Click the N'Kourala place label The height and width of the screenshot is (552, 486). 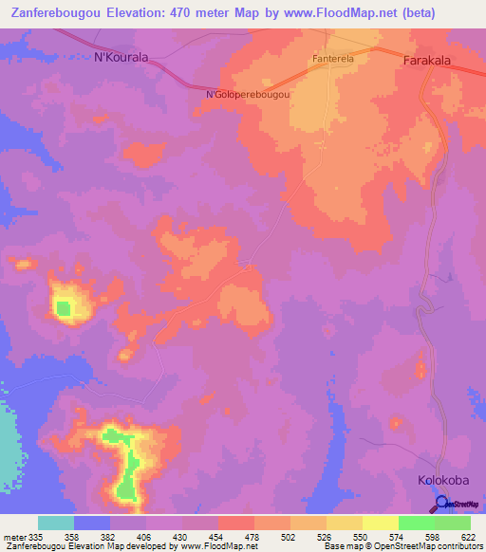pyautogui.click(x=121, y=57)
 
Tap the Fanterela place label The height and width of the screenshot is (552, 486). pyautogui.click(x=331, y=59)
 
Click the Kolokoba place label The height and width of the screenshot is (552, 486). pyautogui.click(x=443, y=481)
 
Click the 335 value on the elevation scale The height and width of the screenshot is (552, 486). pyautogui.click(x=35, y=537)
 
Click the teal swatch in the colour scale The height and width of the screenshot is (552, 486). pyautogui.click(x=56, y=523)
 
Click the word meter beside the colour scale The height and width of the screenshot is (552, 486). pyautogui.click(x=13, y=537)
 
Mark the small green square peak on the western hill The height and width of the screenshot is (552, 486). pyautogui.click(x=64, y=307)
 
